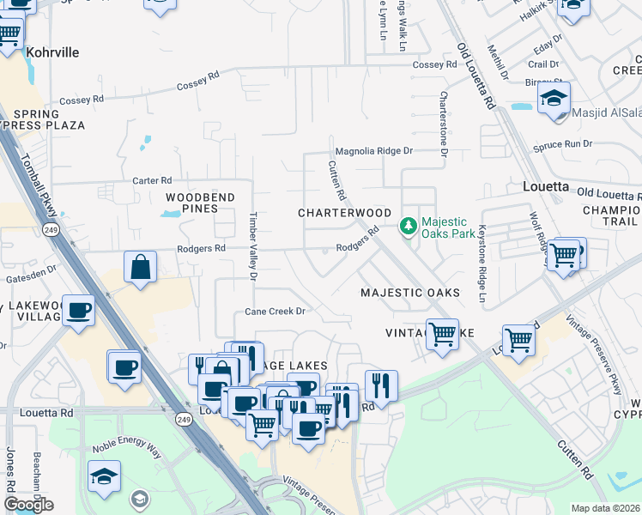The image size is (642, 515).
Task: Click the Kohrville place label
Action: [x=52, y=52]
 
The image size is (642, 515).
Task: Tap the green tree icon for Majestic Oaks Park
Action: [x=409, y=227]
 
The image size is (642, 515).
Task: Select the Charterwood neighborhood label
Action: [x=344, y=212]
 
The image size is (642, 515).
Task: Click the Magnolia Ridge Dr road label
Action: [x=373, y=150]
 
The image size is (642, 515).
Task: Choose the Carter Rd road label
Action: [x=153, y=180]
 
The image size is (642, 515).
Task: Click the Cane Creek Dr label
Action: [x=276, y=312]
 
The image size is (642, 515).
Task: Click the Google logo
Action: [x=28, y=505]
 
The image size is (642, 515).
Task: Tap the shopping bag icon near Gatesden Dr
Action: [x=140, y=266]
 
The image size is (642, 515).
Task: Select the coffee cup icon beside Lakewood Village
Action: [x=78, y=309]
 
